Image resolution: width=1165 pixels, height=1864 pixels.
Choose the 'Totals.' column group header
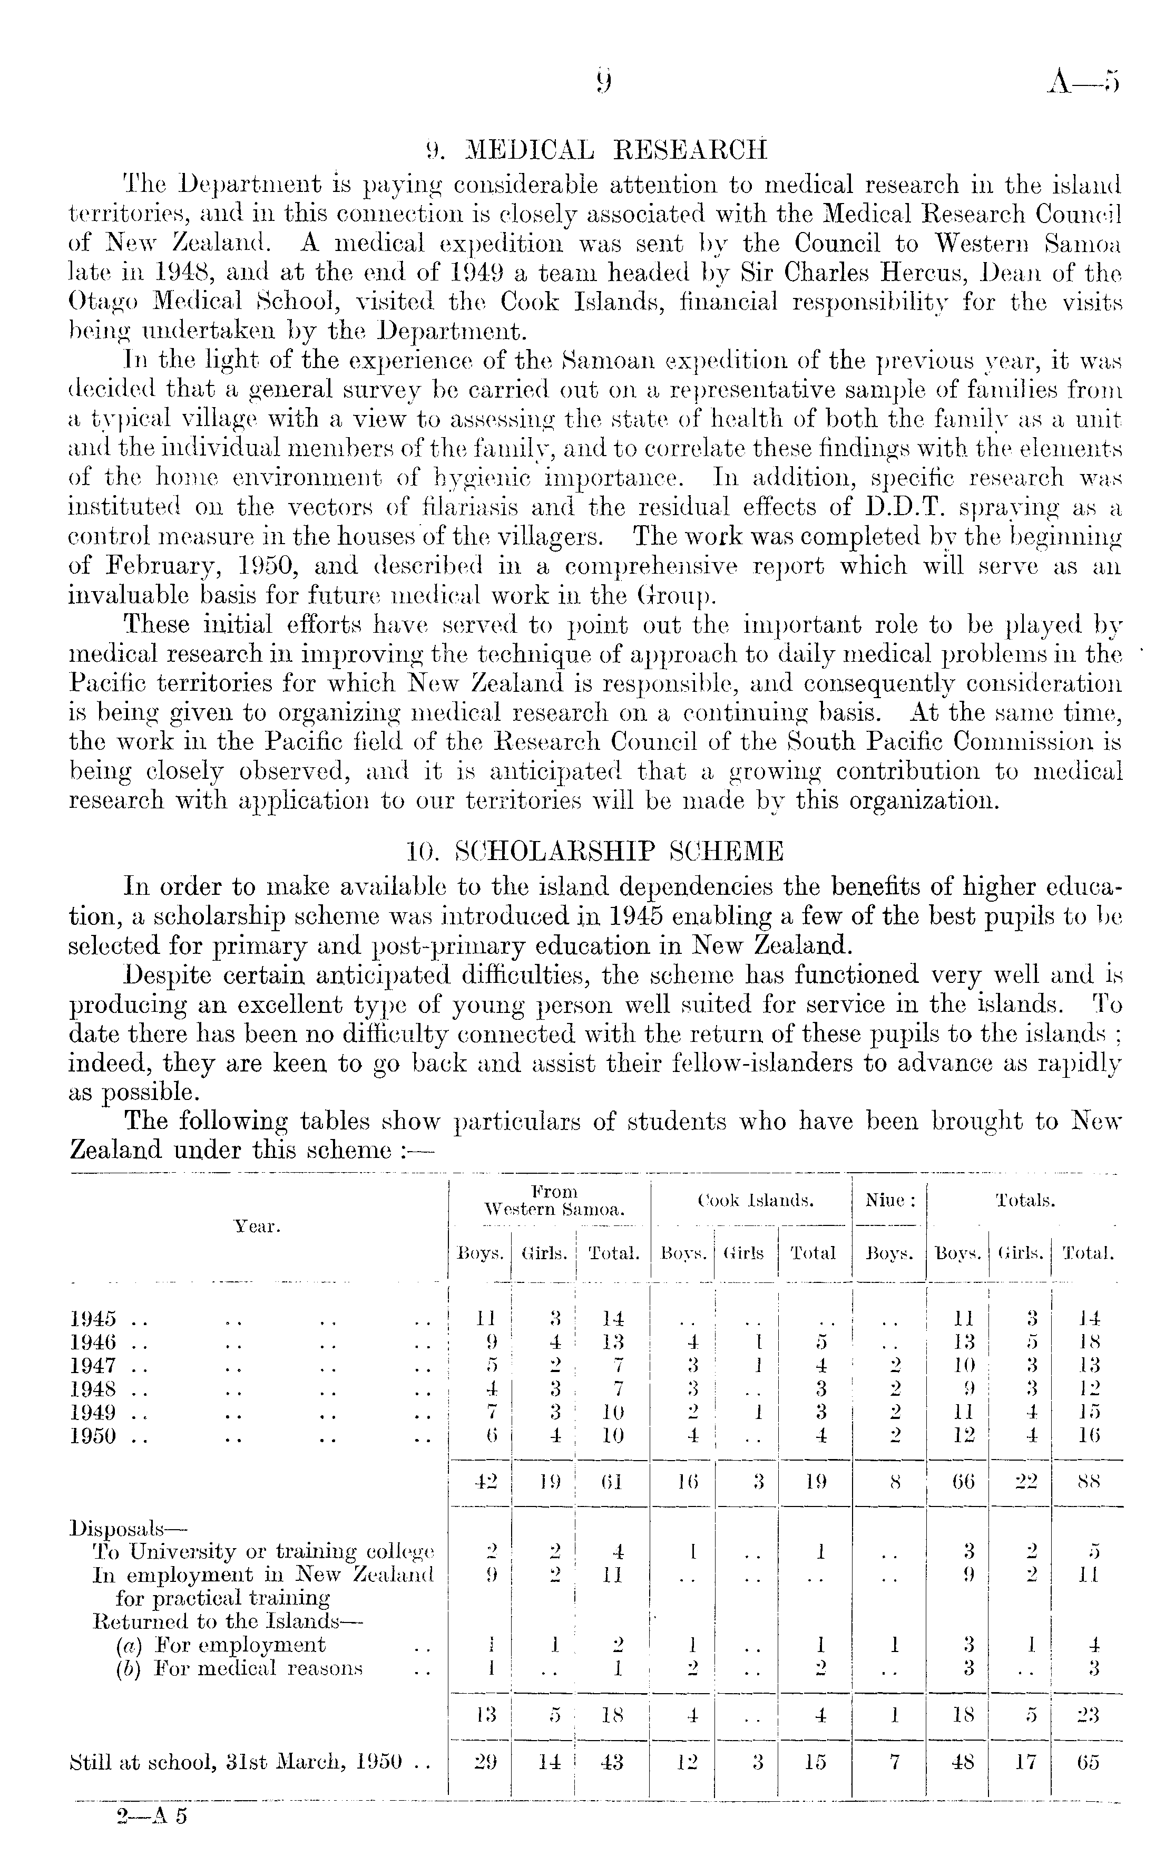tap(1025, 1200)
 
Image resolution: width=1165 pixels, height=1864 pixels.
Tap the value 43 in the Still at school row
tap(611, 1762)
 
